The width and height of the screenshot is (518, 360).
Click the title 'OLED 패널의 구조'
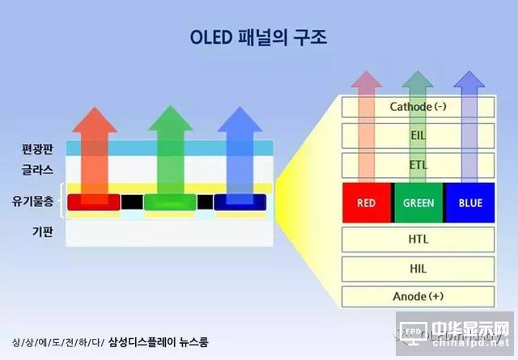[258, 37]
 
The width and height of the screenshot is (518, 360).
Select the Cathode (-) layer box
[418, 107]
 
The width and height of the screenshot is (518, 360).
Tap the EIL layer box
[418, 137]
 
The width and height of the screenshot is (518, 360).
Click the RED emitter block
[366, 203]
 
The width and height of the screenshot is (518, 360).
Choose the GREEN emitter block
[418, 203]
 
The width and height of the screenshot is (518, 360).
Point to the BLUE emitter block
[469, 203]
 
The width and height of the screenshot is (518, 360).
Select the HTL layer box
[418, 239]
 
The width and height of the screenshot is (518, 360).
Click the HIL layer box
[418, 269]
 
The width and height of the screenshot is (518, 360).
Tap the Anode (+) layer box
[418, 296]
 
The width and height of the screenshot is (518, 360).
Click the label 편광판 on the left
[37, 149]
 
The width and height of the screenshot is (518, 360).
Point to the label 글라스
[37, 171]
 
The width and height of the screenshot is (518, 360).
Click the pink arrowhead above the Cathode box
[366, 81]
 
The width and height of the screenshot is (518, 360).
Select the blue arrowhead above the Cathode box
[469, 81]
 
